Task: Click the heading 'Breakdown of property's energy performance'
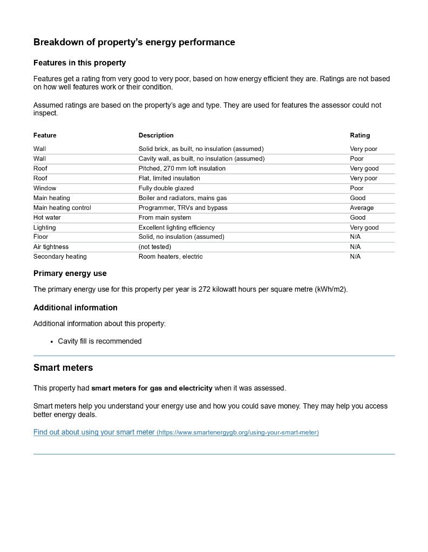click(134, 42)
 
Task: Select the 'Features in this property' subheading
click(79, 63)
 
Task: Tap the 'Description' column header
click(156, 135)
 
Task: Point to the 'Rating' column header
click(360, 135)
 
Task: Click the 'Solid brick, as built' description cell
click(201, 149)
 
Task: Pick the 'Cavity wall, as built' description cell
click(201, 158)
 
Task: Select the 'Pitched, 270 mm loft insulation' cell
click(182, 168)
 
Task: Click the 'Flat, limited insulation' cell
click(169, 178)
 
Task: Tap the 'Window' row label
click(45, 188)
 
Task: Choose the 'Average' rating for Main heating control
click(362, 208)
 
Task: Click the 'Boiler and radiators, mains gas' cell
click(182, 198)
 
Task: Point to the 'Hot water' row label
click(47, 217)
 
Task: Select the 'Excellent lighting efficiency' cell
click(176, 227)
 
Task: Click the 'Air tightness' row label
click(51, 247)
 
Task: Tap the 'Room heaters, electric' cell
click(171, 257)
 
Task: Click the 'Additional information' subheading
click(75, 307)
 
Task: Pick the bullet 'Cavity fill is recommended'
click(100, 341)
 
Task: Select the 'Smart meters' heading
click(63, 368)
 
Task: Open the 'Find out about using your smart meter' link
click(94, 432)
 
